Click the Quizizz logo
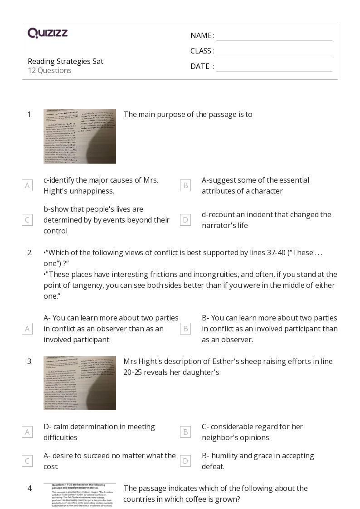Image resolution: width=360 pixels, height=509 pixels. (x=48, y=33)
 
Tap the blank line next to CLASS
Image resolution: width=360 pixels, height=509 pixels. (x=274, y=51)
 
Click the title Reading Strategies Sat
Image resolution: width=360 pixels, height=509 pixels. (x=65, y=61)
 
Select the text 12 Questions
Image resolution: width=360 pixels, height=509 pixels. (x=49, y=70)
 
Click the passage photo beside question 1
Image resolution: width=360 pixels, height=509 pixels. (x=80, y=136)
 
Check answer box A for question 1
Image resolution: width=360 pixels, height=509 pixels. (x=27, y=185)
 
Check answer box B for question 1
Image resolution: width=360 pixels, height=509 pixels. (x=185, y=185)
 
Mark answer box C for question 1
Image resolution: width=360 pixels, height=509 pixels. (x=27, y=220)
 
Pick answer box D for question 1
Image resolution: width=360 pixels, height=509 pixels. (x=185, y=220)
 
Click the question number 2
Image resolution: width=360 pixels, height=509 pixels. (x=30, y=252)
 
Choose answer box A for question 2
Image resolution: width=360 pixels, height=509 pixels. (x=27, y=329)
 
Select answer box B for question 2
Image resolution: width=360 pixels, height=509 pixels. (x=185, y=329)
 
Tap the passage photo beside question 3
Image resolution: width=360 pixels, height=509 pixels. (x=80, y=383)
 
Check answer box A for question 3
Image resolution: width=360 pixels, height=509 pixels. (x=27, y=432)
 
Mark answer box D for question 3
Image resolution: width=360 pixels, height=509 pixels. (x=185, y=461)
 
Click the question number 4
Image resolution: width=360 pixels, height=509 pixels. (x=30, y=488)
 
